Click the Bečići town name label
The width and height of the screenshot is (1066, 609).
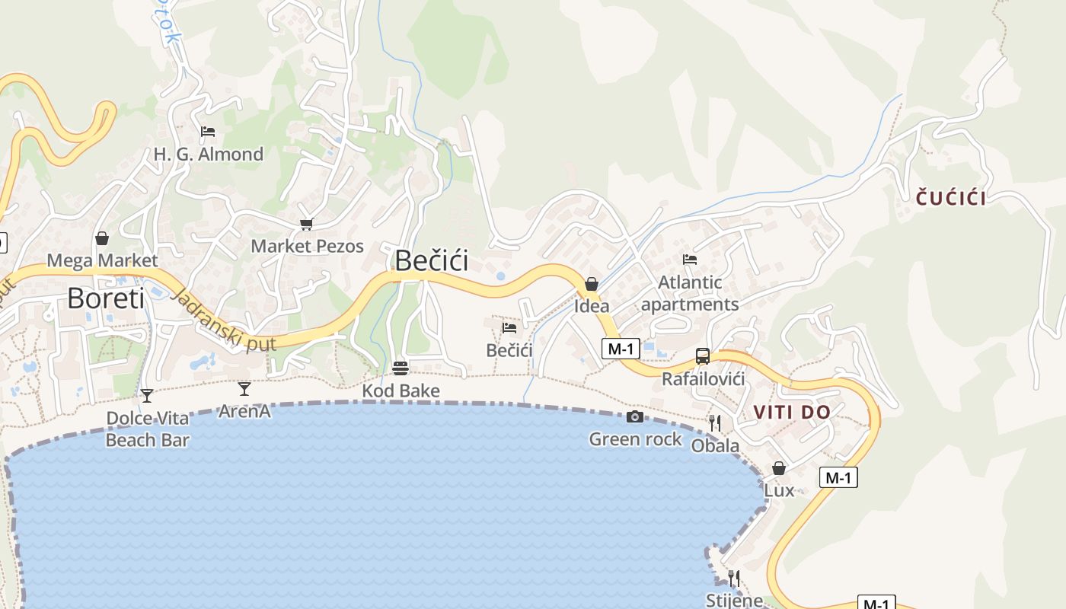tap(431, 261)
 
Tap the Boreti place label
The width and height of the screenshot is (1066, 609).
tap(105, 298)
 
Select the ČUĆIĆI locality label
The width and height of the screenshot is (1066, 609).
tap(951, 199)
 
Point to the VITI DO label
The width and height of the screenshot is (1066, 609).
tap(792, 412)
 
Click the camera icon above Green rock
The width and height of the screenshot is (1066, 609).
tap(634, 416)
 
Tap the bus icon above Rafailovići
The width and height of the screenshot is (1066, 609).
tap(702, 356)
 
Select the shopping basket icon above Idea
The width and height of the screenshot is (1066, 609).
tap(592, 284)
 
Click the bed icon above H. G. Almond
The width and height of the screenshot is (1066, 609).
tap(208, 131)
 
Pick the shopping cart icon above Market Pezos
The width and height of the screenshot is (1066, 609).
tap(306, 224)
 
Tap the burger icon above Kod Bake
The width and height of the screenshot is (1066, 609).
tap(401, 368)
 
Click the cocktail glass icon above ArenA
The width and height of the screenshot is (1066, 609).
tap(244, 389)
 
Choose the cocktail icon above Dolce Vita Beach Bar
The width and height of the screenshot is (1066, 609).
tap(147, 395)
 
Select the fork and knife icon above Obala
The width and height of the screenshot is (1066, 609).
tap(714, 422)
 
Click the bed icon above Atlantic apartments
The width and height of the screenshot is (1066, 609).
tap(690, 260)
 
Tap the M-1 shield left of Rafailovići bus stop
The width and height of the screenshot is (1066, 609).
tap(621, 349)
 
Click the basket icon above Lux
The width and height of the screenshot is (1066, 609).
tap(778, 468)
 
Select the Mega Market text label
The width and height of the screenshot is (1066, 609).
tap(102, 261)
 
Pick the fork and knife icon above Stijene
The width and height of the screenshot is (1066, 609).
tap(733, 578)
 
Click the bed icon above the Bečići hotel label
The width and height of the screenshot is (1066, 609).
tap(509, 327)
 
